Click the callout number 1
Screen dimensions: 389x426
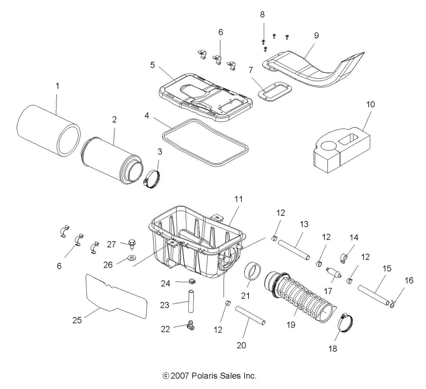point(58,86)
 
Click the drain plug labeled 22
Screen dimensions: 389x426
point(190,325)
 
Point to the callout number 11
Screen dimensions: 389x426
point(238,199)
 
